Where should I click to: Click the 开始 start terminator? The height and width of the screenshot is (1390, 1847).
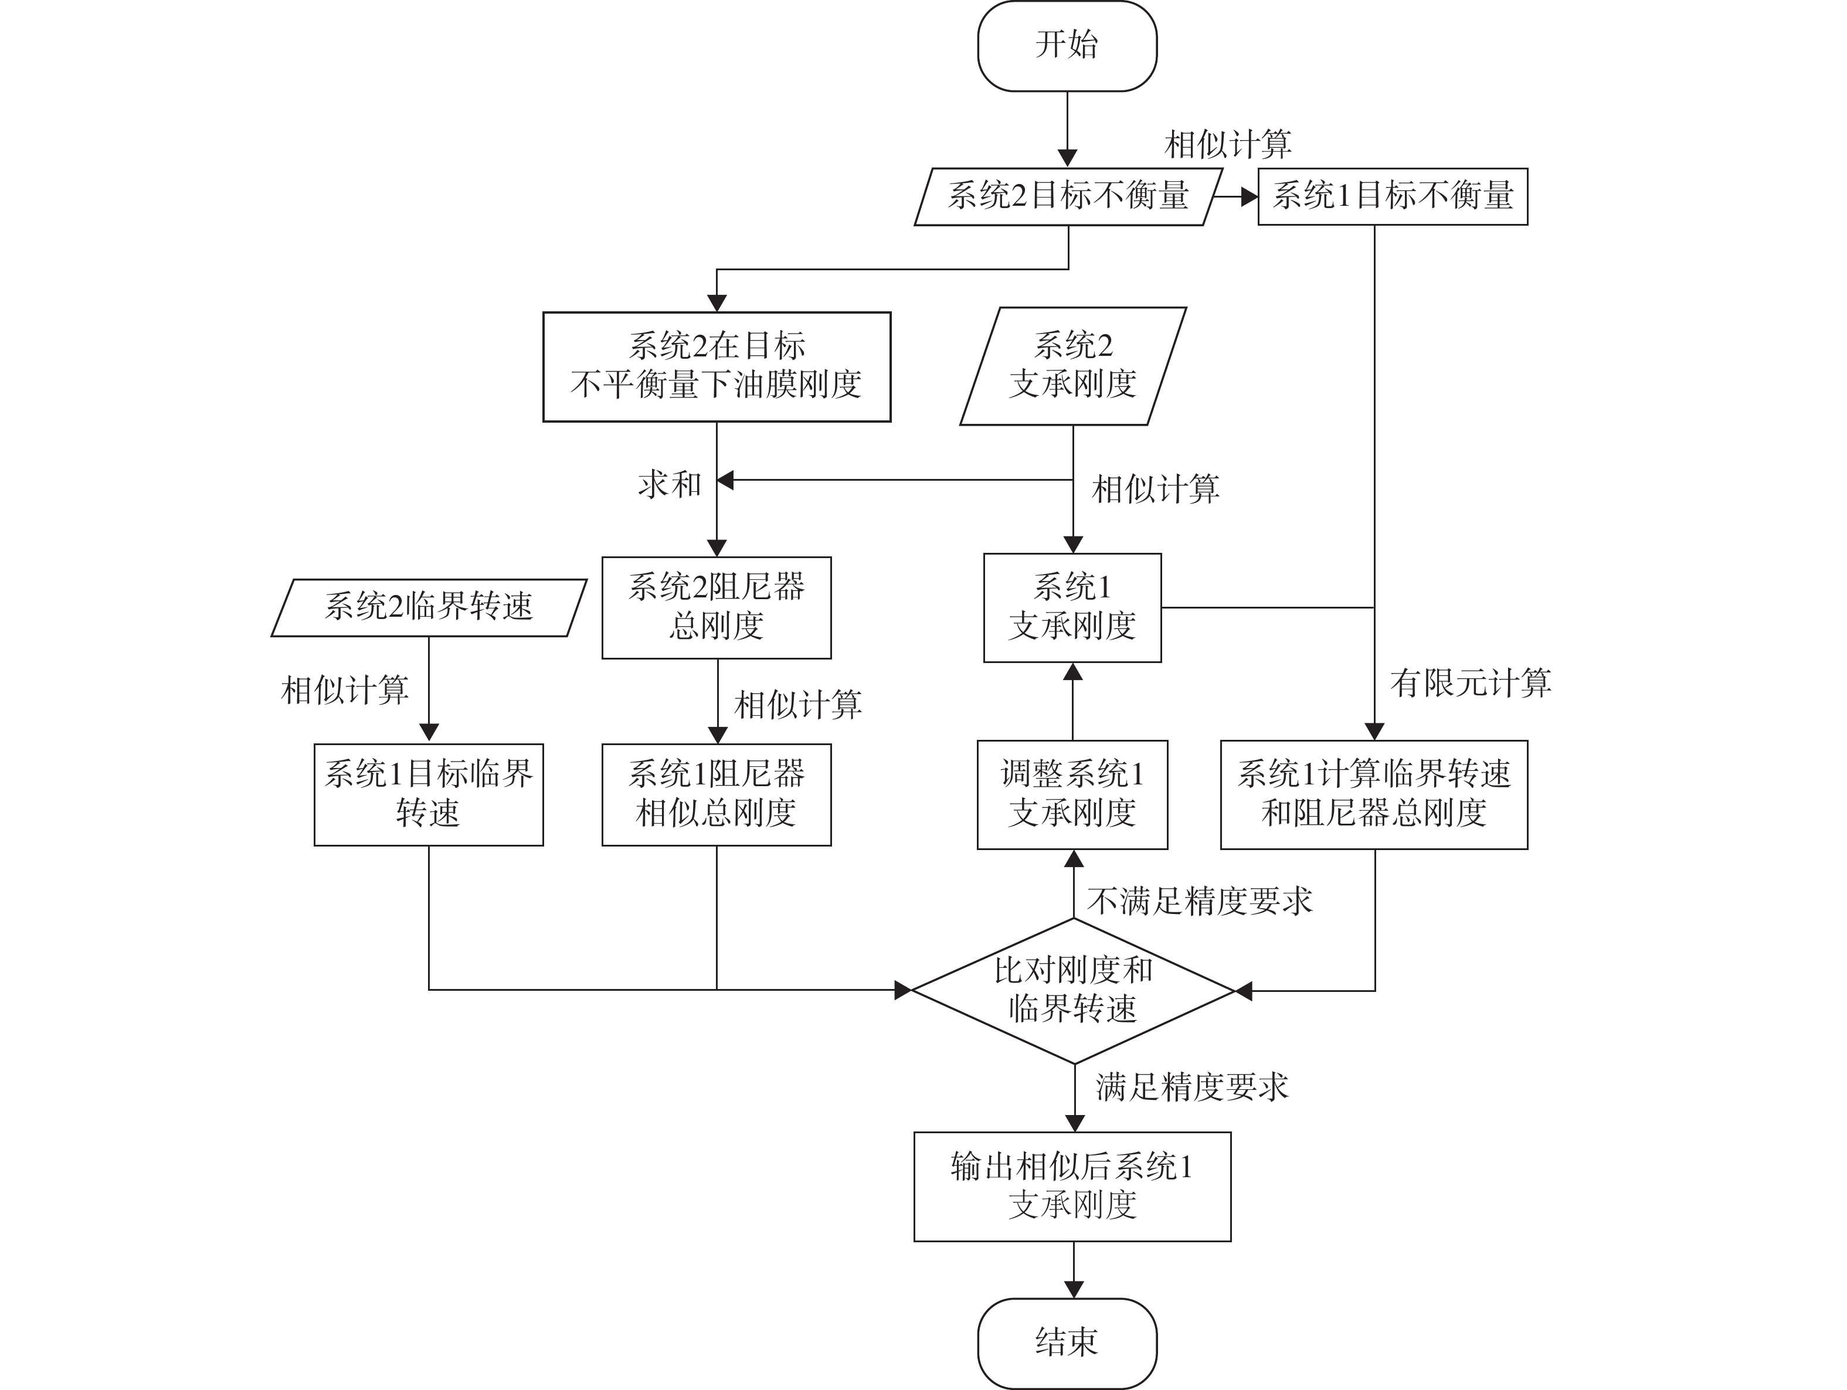1067,46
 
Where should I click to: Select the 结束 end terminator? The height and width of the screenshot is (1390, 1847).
1067,1343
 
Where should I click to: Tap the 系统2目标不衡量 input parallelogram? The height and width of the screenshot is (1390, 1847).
1068,196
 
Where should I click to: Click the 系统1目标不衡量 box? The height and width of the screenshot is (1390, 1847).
1393,196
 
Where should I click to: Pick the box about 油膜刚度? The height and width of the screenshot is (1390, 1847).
717,366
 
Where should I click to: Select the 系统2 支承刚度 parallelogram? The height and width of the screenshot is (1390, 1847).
1073,366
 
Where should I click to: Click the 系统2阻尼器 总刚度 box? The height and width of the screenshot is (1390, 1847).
717,608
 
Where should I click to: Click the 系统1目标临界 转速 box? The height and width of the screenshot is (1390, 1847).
429,795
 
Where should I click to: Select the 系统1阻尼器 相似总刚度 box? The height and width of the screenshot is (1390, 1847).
717,795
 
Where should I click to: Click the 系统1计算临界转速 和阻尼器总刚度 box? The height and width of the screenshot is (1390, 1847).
1374,795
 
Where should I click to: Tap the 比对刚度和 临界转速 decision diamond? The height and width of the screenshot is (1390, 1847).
1073,991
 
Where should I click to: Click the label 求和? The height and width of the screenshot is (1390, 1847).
670,484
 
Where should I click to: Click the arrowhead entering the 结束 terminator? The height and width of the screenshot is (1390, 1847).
1074,1290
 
